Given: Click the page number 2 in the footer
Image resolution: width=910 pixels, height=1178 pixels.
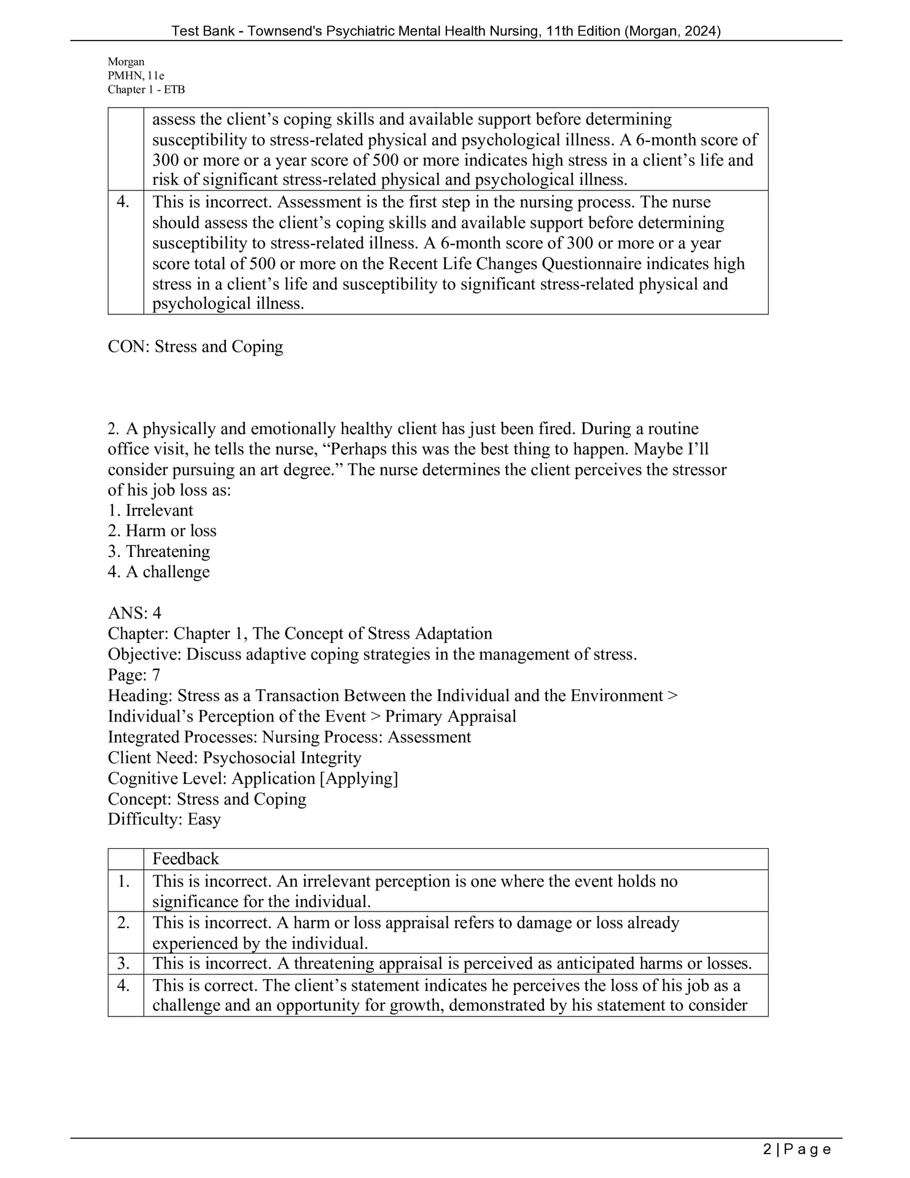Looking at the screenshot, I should coord(767,1149).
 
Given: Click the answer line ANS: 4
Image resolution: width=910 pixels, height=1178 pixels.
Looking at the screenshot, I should coord(134,613).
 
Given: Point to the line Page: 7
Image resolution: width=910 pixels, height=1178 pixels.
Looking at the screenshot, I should coord(134,675).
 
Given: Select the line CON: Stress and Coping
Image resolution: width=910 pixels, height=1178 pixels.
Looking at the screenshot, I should coord(195,346).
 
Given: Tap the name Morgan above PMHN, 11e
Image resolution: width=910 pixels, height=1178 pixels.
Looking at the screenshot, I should coord(126,62).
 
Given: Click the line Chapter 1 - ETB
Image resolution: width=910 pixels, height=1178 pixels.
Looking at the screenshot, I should coord(146,90).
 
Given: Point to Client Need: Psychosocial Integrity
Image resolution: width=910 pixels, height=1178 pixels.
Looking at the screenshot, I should coord(234,758).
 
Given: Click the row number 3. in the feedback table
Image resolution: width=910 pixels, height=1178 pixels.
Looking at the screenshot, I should coord(124,963).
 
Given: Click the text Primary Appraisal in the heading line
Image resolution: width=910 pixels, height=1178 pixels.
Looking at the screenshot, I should coord(450,716).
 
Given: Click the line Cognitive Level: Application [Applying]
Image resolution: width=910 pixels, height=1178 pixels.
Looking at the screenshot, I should coord(253,778).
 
